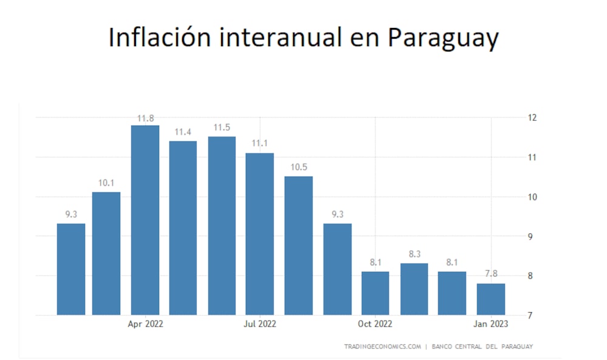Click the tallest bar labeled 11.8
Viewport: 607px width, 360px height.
[145, 220]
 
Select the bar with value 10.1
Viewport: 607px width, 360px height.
[106, 253]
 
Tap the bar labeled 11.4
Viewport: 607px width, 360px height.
[183, 228]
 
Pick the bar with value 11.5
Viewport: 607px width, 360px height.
[222, 225]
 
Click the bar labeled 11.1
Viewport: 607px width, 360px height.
[260, 234]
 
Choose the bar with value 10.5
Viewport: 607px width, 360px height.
[299, 245]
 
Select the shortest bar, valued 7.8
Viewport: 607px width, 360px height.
[490, 299]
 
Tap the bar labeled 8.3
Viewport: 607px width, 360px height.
[414, 288]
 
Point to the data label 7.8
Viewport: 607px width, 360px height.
[490, 273]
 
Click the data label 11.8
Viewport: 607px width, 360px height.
[145, 118]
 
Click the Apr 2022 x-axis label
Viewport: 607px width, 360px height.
[145, 324]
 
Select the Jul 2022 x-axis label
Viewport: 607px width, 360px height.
[260, 324]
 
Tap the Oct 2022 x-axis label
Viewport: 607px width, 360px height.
[375, 324]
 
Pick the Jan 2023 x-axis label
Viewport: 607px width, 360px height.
[491, 324]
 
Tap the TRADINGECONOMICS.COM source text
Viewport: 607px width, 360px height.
[382, 346]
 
